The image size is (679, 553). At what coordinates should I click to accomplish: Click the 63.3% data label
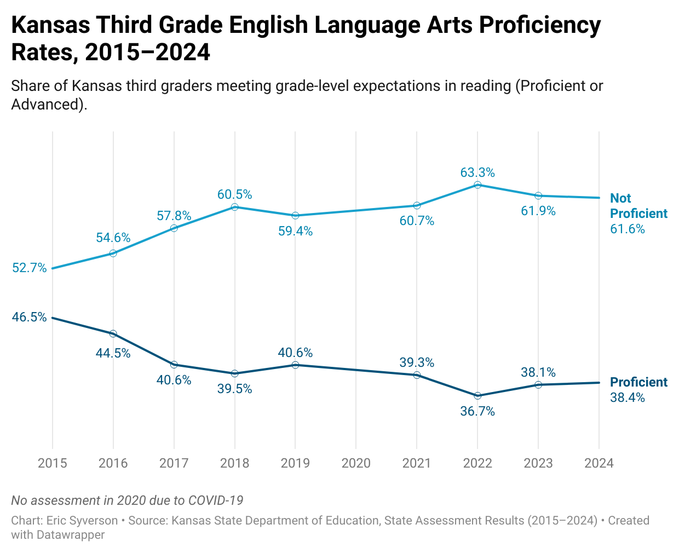pyautogui.click(x=477, y=172)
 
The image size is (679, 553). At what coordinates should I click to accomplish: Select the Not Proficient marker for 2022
pyautogui.click(x=477, y=185)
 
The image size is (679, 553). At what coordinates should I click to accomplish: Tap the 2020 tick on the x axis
pyautogui.click(x=356, y=463)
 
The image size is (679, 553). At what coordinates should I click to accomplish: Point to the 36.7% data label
pyautogui.click(x=477, y=411)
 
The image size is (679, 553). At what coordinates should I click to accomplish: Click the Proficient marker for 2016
pyautogui.click(x=113, y=334)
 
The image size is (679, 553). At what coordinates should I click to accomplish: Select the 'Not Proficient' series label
pyautogui.click(x=638, y=206)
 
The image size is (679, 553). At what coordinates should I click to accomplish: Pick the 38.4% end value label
pyautogui.click(x=627, y=398)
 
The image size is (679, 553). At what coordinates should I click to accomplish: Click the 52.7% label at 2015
pyautogui.click(x=30, y=268)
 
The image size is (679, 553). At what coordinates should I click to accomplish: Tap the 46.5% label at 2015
pyautogui.click(x=30, y=317)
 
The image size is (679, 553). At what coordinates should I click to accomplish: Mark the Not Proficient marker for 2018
pyautogui.click(x=235, y=207)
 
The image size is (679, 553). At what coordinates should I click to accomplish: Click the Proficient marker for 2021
pyautogui.click(x=417, y=375)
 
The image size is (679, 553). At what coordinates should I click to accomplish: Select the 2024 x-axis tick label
pyautogui.click(x=599, y=463)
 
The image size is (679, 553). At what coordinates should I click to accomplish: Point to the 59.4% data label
pyautogui.click(x=295, y=231)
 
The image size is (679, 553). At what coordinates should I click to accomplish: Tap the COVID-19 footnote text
pyautogui.click(x=127, y=500)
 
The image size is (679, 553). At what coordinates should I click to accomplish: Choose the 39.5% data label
pyautogui.click(x=234, y=389)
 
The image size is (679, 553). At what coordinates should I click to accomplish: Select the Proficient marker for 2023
pyautogui.click(x=538, y=385)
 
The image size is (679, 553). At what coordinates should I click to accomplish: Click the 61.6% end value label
pyautogui.click(x=627, y=229)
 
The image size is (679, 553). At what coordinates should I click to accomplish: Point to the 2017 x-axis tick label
pyautogui.click(x=174, y=463)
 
